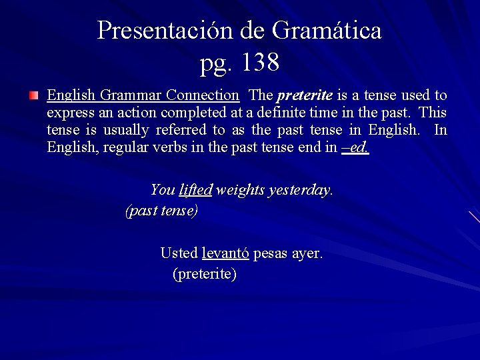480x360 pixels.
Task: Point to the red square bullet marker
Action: point(33,97)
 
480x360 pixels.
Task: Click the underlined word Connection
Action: point(203,96)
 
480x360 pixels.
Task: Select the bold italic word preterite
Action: point(304,96)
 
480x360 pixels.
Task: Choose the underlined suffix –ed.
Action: point(355,147)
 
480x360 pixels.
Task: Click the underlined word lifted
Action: point(195,190)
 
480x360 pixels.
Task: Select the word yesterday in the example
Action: point(300,190)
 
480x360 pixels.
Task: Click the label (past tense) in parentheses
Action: point(161,211)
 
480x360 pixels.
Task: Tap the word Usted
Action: point(179,253)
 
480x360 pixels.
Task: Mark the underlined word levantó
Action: point(225,253)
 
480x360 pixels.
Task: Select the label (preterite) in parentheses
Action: point(204,274)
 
